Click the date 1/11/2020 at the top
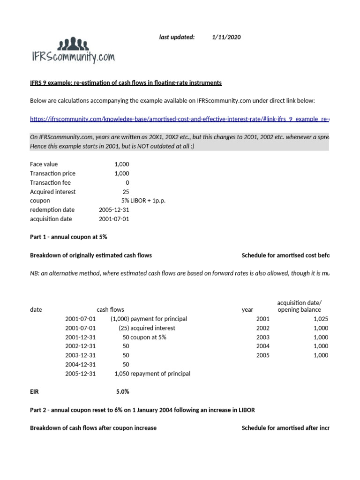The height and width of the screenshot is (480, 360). pos(226,37)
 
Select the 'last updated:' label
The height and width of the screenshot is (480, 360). pos(177,37)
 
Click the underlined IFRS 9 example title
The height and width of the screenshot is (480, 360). pos(126,83)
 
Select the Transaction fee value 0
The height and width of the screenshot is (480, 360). pos(127,182)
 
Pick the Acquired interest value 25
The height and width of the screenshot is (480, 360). pos(125,192)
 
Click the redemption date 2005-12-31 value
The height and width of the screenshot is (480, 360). pos(114,210)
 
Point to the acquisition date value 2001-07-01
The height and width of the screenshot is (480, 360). pos(114,219)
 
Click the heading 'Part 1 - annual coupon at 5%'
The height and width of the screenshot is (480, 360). pos(68,237)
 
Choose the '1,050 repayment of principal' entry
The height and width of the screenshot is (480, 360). pos(152,374)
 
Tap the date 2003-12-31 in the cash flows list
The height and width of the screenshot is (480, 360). pos(80,355)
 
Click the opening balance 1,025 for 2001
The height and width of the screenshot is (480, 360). pos(321,319)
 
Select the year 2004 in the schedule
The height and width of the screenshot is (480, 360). pos(263,346)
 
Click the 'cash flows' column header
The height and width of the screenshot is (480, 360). pos(110,309)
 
